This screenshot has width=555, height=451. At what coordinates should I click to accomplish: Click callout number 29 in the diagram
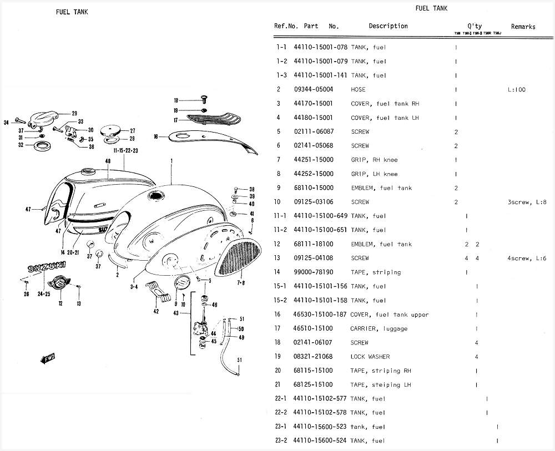[x=74, y=113]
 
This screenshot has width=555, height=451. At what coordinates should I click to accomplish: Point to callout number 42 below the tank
[x=156, y=311]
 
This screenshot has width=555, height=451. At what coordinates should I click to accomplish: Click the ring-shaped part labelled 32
[x=42, y=146]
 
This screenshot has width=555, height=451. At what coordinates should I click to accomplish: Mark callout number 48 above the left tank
[x=108, y=161]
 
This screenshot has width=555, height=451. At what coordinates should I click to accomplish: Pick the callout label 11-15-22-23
[x=125, y=150]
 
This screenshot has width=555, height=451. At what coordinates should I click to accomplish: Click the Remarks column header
[x=523, y=27]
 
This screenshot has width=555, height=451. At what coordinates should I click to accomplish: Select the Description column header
[x=388, y=26]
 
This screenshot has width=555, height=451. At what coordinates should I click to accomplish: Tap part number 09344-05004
[x=314, y=89]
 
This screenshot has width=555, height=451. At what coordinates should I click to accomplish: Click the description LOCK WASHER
[x=370, y=357]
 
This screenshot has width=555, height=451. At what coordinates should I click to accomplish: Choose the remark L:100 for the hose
[x=516, y=89]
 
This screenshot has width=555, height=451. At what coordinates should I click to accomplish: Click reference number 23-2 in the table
[x=281, y=441]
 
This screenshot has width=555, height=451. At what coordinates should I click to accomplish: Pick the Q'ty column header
[x=475, y=26]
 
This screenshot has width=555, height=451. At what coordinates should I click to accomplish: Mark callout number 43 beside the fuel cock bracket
[x=176, y=314]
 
